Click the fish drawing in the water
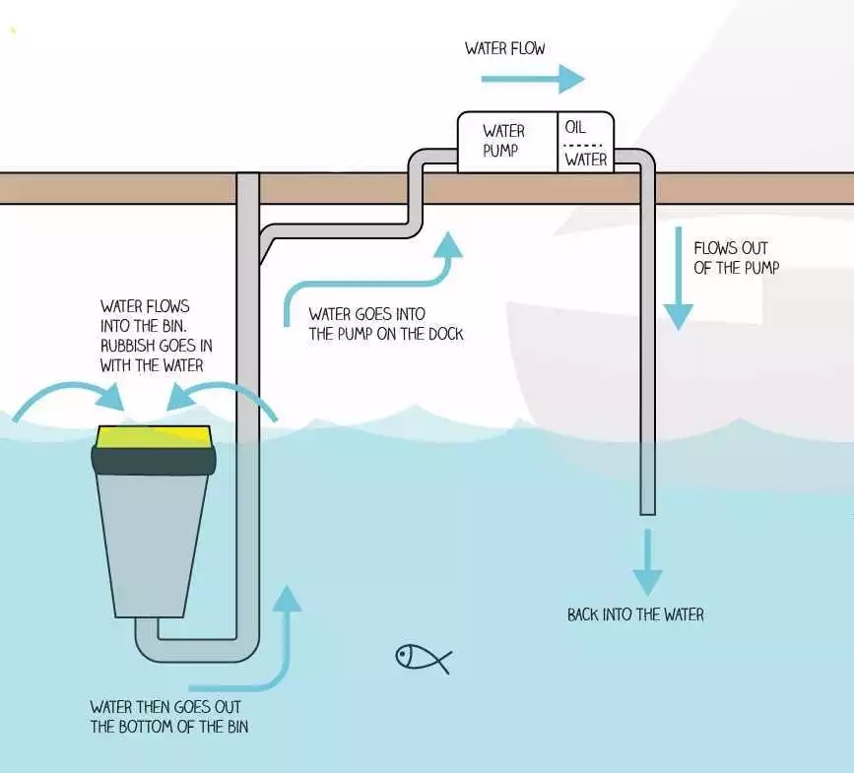coord(422,658)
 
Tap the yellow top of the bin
coord(154,434)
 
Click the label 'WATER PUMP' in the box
coord(503,141)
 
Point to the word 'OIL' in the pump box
coord(575,128)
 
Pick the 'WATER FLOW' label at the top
coord(504,48)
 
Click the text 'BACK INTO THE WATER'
coord(635,614)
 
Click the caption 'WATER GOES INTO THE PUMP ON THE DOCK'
coord(385,324)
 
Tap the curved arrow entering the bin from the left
coord(69,394)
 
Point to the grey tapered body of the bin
coord(154,542)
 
